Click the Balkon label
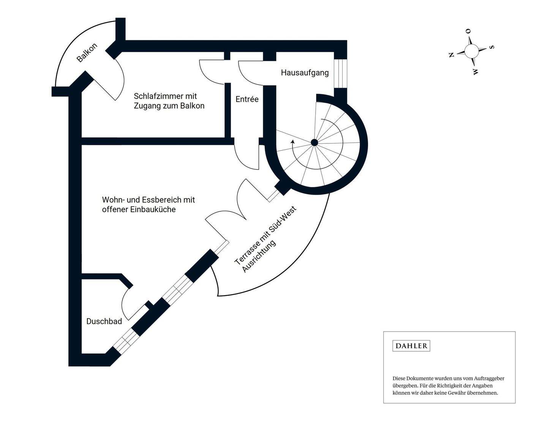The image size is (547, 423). click(x=87, y=53)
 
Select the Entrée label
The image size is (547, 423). click(x=247, y=99)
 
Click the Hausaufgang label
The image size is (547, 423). click(x=305, y=72)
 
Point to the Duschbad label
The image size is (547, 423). click(x=104, y=321)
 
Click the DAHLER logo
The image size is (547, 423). click(x=411, y=346)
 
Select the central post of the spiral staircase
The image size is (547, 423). click(x=314, y=143)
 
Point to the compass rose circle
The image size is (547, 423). click(x=472, y=51)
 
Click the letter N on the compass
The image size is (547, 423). click(x=452, y=55)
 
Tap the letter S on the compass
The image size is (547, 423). click(x=491, y=47)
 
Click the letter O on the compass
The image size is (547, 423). click(x=468, y=31)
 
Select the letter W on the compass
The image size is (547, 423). click(x=475, y=71)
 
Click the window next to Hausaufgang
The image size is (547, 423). click(x=340, y=73)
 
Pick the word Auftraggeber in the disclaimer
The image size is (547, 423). click(x=489, y=378)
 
